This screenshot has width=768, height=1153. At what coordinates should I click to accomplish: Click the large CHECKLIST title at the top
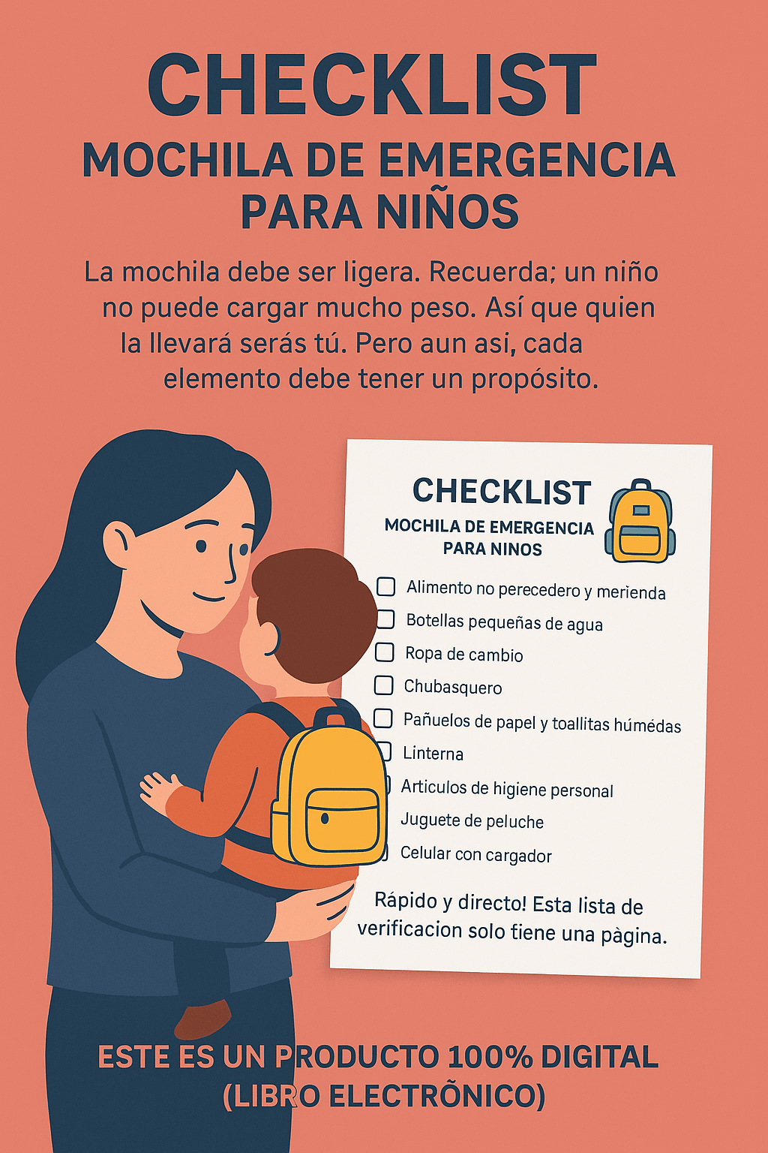372,86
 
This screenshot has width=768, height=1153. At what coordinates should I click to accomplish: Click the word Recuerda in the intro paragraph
489,272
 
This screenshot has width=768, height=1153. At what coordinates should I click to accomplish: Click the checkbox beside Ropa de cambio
384,652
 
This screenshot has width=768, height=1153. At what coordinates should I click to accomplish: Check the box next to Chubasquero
383,685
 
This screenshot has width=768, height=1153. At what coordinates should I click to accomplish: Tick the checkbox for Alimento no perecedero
386,586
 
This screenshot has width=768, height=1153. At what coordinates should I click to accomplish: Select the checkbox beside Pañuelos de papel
382,718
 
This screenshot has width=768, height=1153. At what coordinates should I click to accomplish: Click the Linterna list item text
433,754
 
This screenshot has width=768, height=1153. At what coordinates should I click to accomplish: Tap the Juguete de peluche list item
472,820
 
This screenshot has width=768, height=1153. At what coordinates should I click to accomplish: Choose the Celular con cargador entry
475,854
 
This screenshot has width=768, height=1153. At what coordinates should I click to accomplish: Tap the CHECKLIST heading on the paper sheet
502,492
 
